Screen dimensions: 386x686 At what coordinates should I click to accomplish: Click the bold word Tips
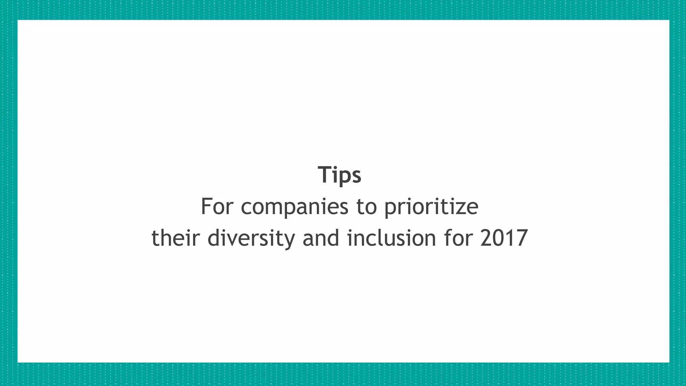[339, 175]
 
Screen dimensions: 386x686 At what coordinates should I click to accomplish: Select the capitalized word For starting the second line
[216, 206]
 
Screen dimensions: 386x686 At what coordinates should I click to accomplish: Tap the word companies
[295, 207]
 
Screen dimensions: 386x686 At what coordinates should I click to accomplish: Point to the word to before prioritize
[366, 207]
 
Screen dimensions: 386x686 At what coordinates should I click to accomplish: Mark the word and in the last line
[321, 238]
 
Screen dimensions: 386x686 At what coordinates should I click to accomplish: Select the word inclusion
[392, 238]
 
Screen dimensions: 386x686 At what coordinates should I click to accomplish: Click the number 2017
[504, 238]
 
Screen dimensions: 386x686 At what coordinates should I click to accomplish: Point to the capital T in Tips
[325, 175]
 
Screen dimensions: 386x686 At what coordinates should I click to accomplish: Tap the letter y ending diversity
[289, 240]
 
